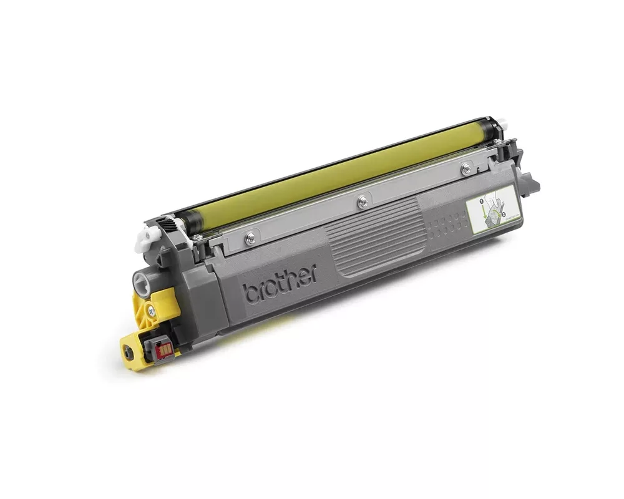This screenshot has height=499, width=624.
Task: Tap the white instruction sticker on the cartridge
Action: click(493, 211)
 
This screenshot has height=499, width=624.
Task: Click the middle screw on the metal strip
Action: click(361, 200)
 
